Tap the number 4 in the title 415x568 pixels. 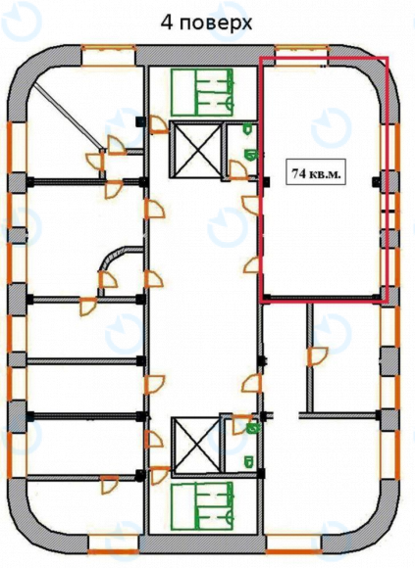167,23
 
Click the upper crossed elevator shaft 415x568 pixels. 195,150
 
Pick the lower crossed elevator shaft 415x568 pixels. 196,446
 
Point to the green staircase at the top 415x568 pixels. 202,92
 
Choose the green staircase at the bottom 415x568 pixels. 202,506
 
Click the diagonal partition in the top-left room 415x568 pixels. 68,115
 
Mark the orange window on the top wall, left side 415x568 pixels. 108,56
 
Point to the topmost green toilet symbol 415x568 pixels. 248,128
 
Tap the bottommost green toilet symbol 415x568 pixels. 248,462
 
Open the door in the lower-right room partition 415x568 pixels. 317,356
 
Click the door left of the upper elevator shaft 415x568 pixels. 158,124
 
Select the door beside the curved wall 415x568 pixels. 108,279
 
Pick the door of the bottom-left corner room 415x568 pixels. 109,485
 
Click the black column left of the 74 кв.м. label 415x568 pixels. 267,181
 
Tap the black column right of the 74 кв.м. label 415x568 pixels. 376,181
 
